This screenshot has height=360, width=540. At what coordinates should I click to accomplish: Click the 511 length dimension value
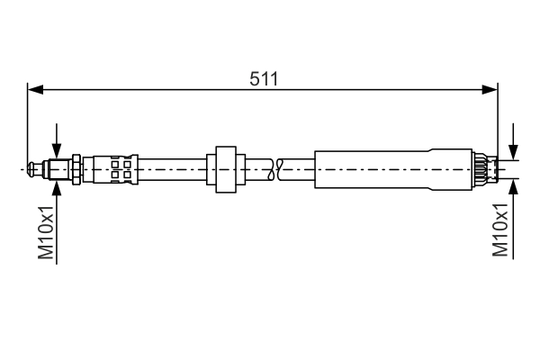pyautogui.click(x=264, y=79)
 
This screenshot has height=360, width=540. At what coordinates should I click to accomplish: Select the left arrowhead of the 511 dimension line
pyautogui.click(x=35, y=90)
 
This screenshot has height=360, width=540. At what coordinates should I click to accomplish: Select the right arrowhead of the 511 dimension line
pyautogui.click(x=490, y=90)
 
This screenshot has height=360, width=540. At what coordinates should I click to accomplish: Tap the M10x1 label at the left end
pyautogui.click(x=46, y=232)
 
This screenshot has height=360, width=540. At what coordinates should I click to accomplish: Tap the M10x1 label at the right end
pyautogui.click(x=500, y=230)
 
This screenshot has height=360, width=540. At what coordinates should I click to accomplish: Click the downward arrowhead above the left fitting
pyautogui.click(x=57, y=151)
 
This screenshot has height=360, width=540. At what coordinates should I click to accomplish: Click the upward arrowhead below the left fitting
pyautogui.click(x=57, y=188)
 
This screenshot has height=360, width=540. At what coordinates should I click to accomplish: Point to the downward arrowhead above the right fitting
pyautogui.click(x=513, y=152)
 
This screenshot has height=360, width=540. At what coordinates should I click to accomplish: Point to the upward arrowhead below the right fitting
pyautogui.click(x=513, y=186)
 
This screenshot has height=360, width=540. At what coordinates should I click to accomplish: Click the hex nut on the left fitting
pyautogui.click(x=76, y=169)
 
